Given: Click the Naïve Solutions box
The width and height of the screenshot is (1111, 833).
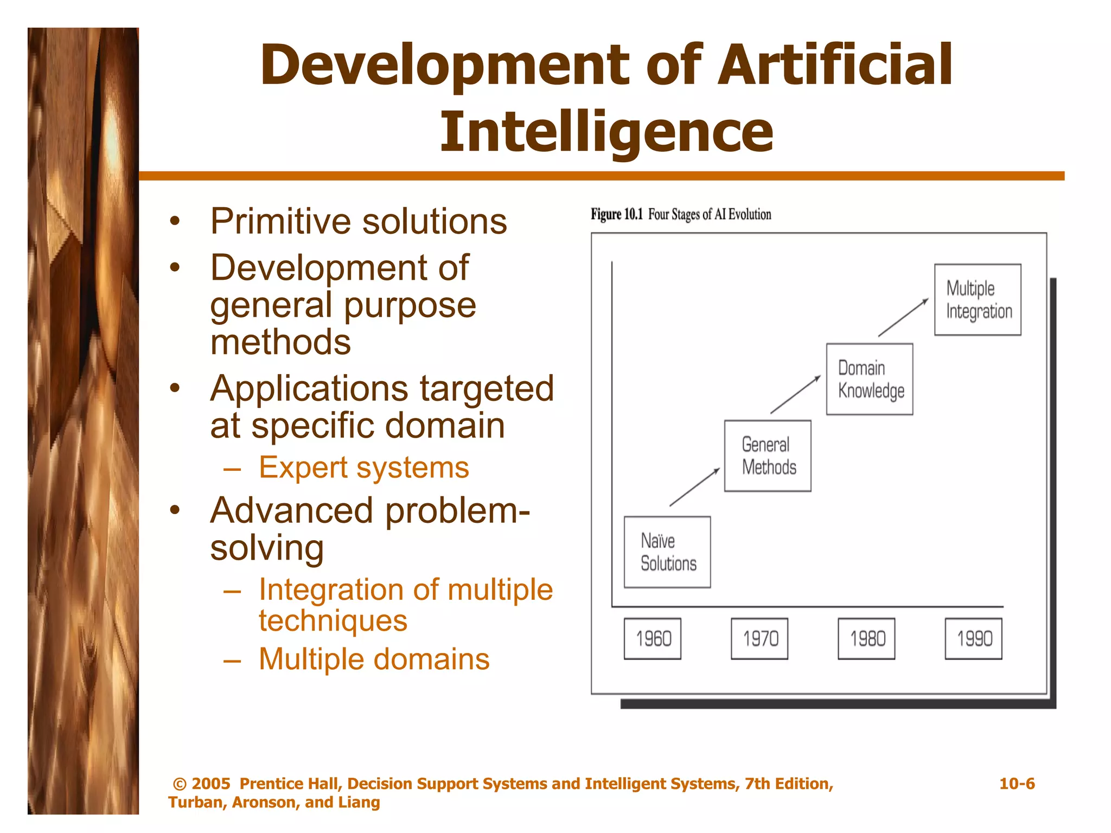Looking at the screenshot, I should pyautogui.click(x=667, y=552).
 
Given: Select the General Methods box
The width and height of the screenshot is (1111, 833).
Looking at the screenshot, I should pyautogui.click(x=768, y=456).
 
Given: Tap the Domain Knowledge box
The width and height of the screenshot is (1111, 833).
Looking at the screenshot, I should pyautogui.click(x=870, y=379).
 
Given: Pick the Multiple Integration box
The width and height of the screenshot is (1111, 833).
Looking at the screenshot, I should pyautogui.click(x=978, y=299).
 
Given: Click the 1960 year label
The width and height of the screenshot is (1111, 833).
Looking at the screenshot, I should pyautogui.click(x=653, y=638).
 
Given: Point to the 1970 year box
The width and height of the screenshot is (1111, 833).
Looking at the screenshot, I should pyautogui.click(x=759, y=638).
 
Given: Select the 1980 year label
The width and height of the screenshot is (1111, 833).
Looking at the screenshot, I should pyautogui.click(x=866, y=638).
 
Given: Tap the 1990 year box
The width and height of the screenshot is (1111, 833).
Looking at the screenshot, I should pyautogui.click(x=973, y=638).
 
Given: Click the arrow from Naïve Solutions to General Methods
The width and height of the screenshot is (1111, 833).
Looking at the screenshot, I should pyautogui.click(x=694, y=487).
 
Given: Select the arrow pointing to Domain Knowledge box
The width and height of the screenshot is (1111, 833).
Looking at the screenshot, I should pyautogui.click(x=795, y=394).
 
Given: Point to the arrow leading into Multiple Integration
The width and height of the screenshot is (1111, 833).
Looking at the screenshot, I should pyautogui.click(x=903, y=317).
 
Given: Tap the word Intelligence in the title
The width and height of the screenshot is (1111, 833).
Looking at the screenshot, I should pyautogui.click(x=606, y=132).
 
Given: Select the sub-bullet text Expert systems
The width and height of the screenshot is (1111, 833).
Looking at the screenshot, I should pyautogui.click(x=363, y=467).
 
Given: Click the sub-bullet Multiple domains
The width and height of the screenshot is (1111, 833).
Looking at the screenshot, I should pyautogui.click(x=374, y=659).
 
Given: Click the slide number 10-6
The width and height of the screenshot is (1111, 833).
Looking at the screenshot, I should pyautogui.click(x=1017, y=784).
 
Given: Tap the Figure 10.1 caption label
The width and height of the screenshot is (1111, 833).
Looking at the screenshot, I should pyautogui.click(x=616, y=214).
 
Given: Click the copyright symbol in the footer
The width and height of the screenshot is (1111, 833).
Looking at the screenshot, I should pyautogui.click(x=180, y=784).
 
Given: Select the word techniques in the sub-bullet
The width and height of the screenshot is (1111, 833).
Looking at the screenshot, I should pyautogui.click(x=333, y=620).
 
